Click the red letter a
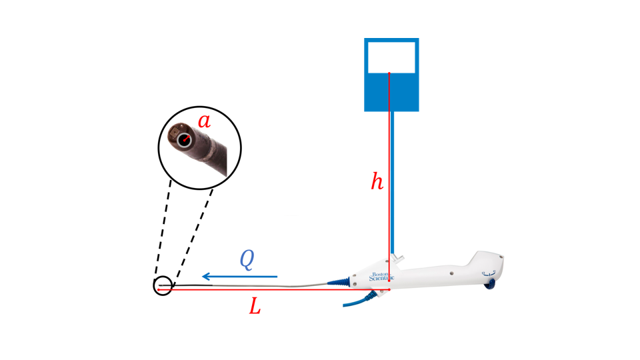click(205, 121)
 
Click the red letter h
click(377, 181)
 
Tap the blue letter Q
click(247, 259)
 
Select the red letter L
click(255, 306)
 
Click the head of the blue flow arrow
click(206, 277)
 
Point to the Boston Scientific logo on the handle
click(381, 277)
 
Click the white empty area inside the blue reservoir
click(391, 57)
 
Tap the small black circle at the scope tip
click(163, 286)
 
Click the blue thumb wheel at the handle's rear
click(490, 285)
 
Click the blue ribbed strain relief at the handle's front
click(339, 281)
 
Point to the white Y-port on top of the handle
click(397, 259)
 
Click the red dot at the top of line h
click(389, 73)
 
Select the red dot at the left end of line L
click(159, 290)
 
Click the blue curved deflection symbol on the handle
click(488, 274)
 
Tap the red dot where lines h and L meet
click(389, 289)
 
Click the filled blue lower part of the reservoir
click(391, 92)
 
